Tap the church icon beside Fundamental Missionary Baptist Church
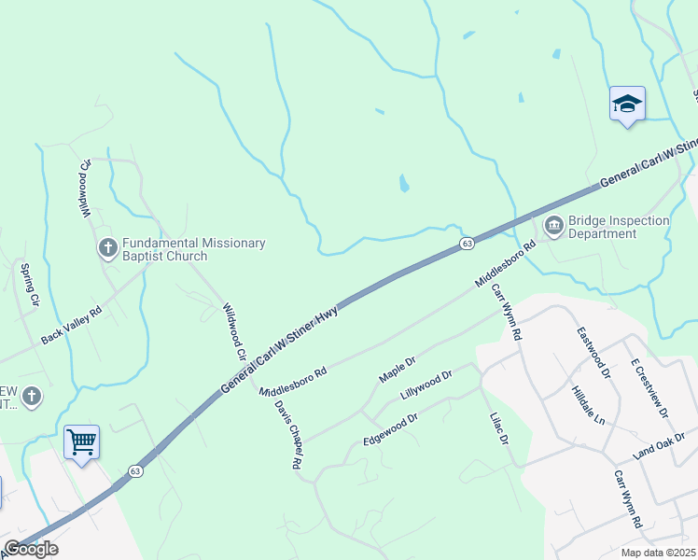pos(107,248)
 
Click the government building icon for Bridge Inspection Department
pos(552,225)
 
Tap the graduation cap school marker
pos(627,105)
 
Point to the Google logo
pos(30,550)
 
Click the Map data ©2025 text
pos(657,553)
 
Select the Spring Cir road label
pos(29,286)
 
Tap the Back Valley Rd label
pos(70,327)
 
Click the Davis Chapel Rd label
pos(289,434)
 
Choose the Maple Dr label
pos(397,368)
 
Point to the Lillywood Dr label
pos(426,382)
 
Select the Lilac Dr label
pos(498,428)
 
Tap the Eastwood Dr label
pos(593,352)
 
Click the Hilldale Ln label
pos(588,405)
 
